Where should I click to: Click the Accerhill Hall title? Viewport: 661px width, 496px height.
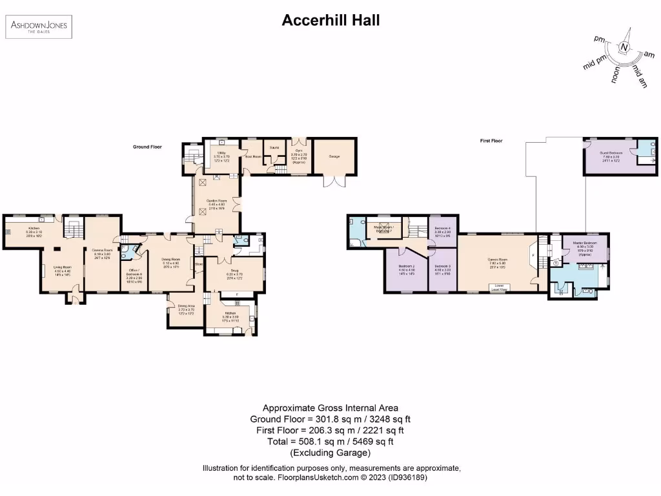pos(330,20)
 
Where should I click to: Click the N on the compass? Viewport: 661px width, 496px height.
pos(624,46)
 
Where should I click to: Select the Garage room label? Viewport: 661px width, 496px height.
pos(334,156)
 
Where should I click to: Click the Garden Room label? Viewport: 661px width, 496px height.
pos(216,201)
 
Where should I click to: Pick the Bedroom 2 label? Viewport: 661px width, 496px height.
pos(407,266)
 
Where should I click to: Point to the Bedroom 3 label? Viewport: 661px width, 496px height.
pos(442,266)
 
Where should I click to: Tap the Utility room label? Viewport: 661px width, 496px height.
pos(221,153)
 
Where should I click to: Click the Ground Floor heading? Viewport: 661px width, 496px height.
pos(147,147)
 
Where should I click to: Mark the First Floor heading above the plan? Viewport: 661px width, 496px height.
pos(491,140)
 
